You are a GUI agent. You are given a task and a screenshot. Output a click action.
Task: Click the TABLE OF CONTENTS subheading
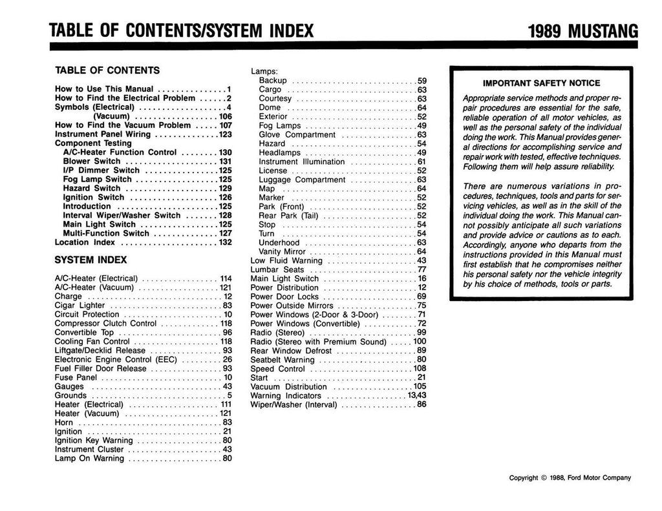click(x=107, y=70)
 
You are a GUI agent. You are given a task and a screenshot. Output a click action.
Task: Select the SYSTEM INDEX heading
click(x=91, y=260)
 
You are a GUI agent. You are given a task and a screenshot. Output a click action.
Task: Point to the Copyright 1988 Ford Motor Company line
click(x=570, y=478)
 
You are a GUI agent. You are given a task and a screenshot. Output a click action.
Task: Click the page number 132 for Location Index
click(x=224, y=242)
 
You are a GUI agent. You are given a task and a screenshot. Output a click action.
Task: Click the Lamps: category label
click(x=264, y=71)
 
